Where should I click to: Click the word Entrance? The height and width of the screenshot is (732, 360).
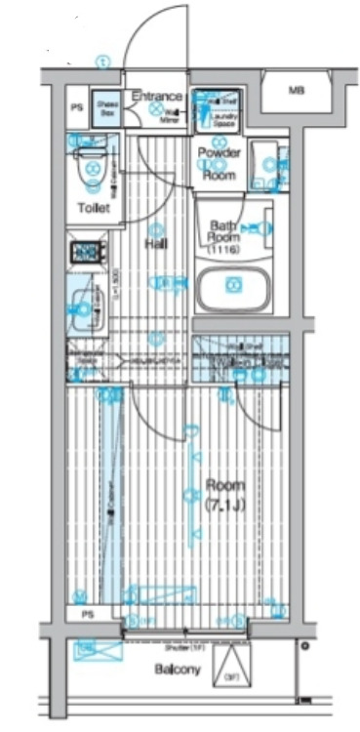[158, 96]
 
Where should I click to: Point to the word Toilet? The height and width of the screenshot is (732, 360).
[94, 209]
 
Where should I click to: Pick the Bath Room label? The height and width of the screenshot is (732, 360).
[226, 232]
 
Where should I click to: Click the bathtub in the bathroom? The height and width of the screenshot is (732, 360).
[232, 286]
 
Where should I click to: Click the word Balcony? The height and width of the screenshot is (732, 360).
[178, 670]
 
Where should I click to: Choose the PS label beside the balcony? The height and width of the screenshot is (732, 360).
[88, 615]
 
